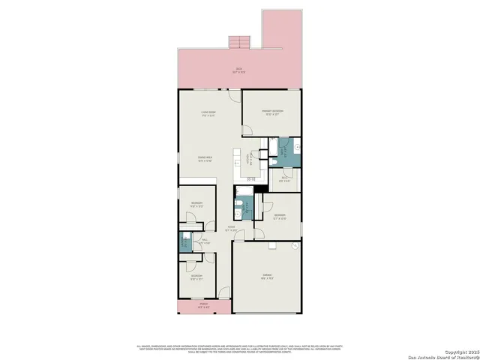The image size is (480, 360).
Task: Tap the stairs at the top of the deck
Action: tap(238, 41)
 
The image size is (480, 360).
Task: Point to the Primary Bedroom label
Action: tap(271, 112)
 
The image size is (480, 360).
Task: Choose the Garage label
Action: tap(266, 277)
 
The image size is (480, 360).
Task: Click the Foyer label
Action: tap(232, 229)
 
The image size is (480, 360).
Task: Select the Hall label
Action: tap(204, 241)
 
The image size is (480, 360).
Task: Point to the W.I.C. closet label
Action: tap(283, 179)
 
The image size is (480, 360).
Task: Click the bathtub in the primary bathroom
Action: tap(283, 145)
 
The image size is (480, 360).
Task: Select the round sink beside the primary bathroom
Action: tap(296, 147)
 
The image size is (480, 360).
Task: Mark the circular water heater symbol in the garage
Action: tap(295, 246)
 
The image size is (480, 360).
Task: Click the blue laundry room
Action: tap(183, 242)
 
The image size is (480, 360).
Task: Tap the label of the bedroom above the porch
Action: tap(196, 277)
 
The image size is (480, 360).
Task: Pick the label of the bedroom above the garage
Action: tap(279, 216)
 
